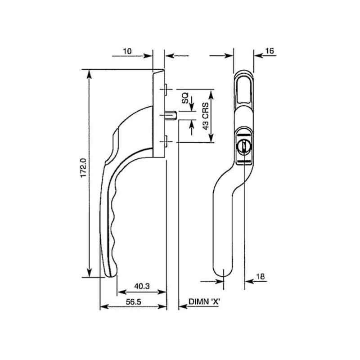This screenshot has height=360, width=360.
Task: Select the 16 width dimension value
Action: [x=269, y=51]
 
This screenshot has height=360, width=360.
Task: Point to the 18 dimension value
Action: [x=260, y=276]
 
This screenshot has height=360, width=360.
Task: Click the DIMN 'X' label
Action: [x=204, y=302]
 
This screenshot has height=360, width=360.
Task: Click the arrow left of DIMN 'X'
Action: [x=183, y=306]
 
